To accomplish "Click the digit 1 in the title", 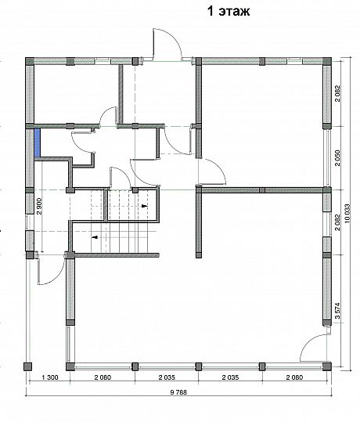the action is (x=211, y=11).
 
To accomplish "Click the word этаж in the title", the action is (x=234, y=12).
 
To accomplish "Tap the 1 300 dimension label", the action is (x=50, y=377).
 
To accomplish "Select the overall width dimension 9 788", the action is (x=178, y=392).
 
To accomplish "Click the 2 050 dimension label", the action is (x=337, y=158).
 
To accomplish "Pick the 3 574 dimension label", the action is (x=337, y=311).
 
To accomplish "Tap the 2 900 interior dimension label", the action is (x=39, y=206).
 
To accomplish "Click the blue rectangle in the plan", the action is (x=37, y=142).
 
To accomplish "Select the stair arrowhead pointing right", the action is (x=145, y=206).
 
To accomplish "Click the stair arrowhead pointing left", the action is (x=95, y=237).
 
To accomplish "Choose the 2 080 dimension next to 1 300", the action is (x=103, y=377).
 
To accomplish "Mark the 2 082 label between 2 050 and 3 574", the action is (x=337, y=222).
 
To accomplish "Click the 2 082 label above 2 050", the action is (x=337, y=93).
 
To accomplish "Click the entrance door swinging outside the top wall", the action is (x=167, y=44).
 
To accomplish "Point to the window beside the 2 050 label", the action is (x=327, y=157).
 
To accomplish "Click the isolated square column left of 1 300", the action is (x=27, y=366).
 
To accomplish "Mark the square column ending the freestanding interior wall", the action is (x=198, y=255).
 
